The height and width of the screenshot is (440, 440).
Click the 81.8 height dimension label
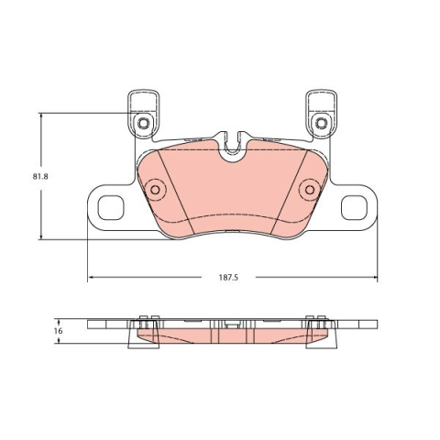pyautogui.click(x=40, y=177)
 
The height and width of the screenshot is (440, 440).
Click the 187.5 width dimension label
pyautogui.click(x=228, y=278)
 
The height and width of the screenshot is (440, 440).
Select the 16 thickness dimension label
pyautogui.click(x=60, y=331)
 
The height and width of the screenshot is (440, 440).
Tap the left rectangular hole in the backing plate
pyautogui.click(x=111, y=207)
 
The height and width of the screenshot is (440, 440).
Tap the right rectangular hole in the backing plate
pyautogui.click(x=354, y=207)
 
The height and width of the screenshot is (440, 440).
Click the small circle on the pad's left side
pyautogui.click(x=155, y=190)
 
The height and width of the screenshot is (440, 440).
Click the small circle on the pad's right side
pyautogui.click(x=310, y=190)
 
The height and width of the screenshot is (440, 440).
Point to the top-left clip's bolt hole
pyautogui.click(x=143, y=124)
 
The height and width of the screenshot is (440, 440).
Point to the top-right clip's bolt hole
pyautogui.click(x=321, y=124)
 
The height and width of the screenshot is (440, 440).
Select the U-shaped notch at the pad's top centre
pyautogui.click(x=234, y=152)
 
